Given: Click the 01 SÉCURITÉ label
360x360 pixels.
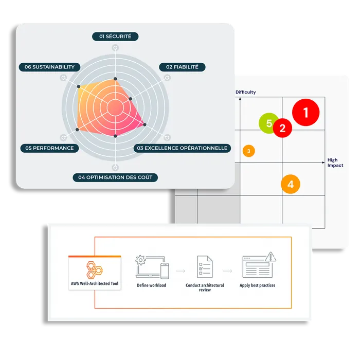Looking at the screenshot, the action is point(115,37).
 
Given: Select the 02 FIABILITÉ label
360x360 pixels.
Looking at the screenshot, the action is point(182,67).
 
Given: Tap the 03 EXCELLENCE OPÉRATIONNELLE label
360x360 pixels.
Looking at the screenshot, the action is point(182,148).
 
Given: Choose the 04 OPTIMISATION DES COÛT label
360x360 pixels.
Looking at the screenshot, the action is point(115,177).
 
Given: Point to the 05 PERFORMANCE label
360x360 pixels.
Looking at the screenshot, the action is point(49,148).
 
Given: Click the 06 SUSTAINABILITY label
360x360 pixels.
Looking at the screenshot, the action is point(49,67).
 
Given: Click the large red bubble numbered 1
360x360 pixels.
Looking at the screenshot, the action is point(305,113).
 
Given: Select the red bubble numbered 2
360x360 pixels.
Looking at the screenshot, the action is point(282,128).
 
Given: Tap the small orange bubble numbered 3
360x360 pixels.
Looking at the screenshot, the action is point(248,151).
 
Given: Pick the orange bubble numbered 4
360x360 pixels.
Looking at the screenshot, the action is point(291,184).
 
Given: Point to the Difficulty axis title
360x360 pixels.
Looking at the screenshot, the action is point(245,92).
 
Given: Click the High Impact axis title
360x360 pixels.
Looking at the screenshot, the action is point(335,163).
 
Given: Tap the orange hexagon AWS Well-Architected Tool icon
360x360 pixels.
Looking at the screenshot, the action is point(94,270).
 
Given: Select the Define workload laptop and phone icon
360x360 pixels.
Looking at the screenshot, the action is point(152,267).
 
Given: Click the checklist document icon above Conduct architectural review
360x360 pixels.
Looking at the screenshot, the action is point(205,267).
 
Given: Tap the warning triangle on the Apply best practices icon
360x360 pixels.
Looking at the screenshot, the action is point(271,257).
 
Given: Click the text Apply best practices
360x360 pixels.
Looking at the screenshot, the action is point(257,285).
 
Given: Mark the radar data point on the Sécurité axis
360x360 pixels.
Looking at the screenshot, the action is point(115,79).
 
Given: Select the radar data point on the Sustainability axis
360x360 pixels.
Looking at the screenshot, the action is point(79,86).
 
